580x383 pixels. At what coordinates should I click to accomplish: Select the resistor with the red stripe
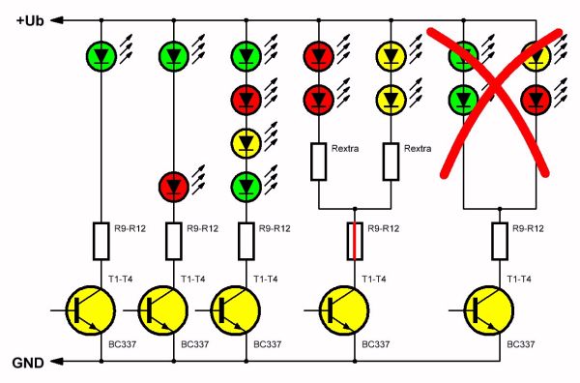point(357,240)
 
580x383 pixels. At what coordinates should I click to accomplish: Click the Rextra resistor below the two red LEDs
point(319,161)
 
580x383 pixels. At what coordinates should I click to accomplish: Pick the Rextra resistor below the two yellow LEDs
point(391,161)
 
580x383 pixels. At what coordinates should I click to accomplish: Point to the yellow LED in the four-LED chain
point(246,142)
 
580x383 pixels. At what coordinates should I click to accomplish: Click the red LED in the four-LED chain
point(246,98)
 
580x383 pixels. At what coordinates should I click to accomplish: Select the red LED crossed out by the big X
point(537,98)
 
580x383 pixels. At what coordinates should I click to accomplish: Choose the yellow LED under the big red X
point(537,53)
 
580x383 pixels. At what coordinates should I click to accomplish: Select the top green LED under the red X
point(465,53)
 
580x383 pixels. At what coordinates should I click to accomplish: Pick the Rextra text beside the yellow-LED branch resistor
point(418,149)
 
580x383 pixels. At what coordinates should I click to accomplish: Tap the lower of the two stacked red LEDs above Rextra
point(319,98)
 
